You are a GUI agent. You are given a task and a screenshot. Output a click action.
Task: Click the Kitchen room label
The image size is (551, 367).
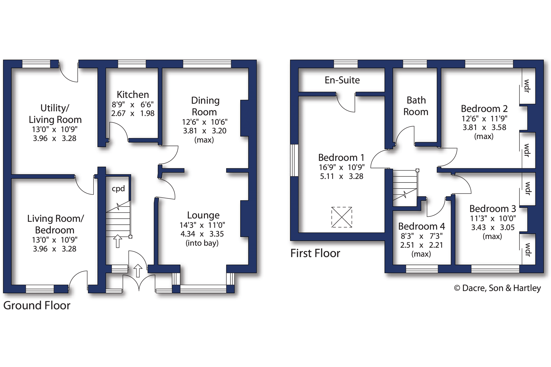[x=133, y=95]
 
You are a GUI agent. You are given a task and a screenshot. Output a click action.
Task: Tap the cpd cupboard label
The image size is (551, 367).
[x=118, y=189]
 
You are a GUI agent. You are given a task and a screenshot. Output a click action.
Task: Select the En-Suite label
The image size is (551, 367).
[x=342, y=80]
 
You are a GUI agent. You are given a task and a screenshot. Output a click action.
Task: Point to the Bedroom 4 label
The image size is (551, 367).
[x=421, y=226]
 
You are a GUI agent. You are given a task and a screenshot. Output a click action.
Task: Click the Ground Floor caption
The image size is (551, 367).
[x=37, y=306]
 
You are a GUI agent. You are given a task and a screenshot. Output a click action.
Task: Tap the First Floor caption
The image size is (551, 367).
[x=315, y=253]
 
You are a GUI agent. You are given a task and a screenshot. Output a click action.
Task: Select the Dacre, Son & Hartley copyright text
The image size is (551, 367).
[x=497, y=288]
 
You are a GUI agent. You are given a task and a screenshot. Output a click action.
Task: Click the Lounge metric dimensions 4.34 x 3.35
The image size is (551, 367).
[x=202, y=234]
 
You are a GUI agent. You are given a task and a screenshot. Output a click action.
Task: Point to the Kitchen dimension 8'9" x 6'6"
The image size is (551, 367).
[x=133, y=104]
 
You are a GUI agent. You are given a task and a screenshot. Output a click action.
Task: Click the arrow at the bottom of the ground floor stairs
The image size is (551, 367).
[x=118, y=241]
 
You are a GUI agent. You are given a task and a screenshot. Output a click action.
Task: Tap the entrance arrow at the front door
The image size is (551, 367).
[x=138, y=271]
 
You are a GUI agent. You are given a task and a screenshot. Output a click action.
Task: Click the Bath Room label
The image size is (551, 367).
[x=416, y=106]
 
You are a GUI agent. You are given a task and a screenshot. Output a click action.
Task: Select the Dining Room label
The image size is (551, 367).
[x=205, y=106]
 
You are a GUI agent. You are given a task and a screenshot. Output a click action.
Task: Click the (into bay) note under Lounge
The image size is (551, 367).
[x=202, y=243]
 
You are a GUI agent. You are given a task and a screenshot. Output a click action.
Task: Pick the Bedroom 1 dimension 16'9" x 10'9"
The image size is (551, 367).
[x=342, y=167]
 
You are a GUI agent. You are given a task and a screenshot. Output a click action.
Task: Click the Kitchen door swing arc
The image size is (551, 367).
[x=122, y=127]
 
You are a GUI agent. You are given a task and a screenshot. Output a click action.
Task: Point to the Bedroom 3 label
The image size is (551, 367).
[x=493, y=209]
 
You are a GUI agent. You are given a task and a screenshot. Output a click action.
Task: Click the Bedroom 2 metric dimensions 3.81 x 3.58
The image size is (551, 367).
[x=484, y=127]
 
